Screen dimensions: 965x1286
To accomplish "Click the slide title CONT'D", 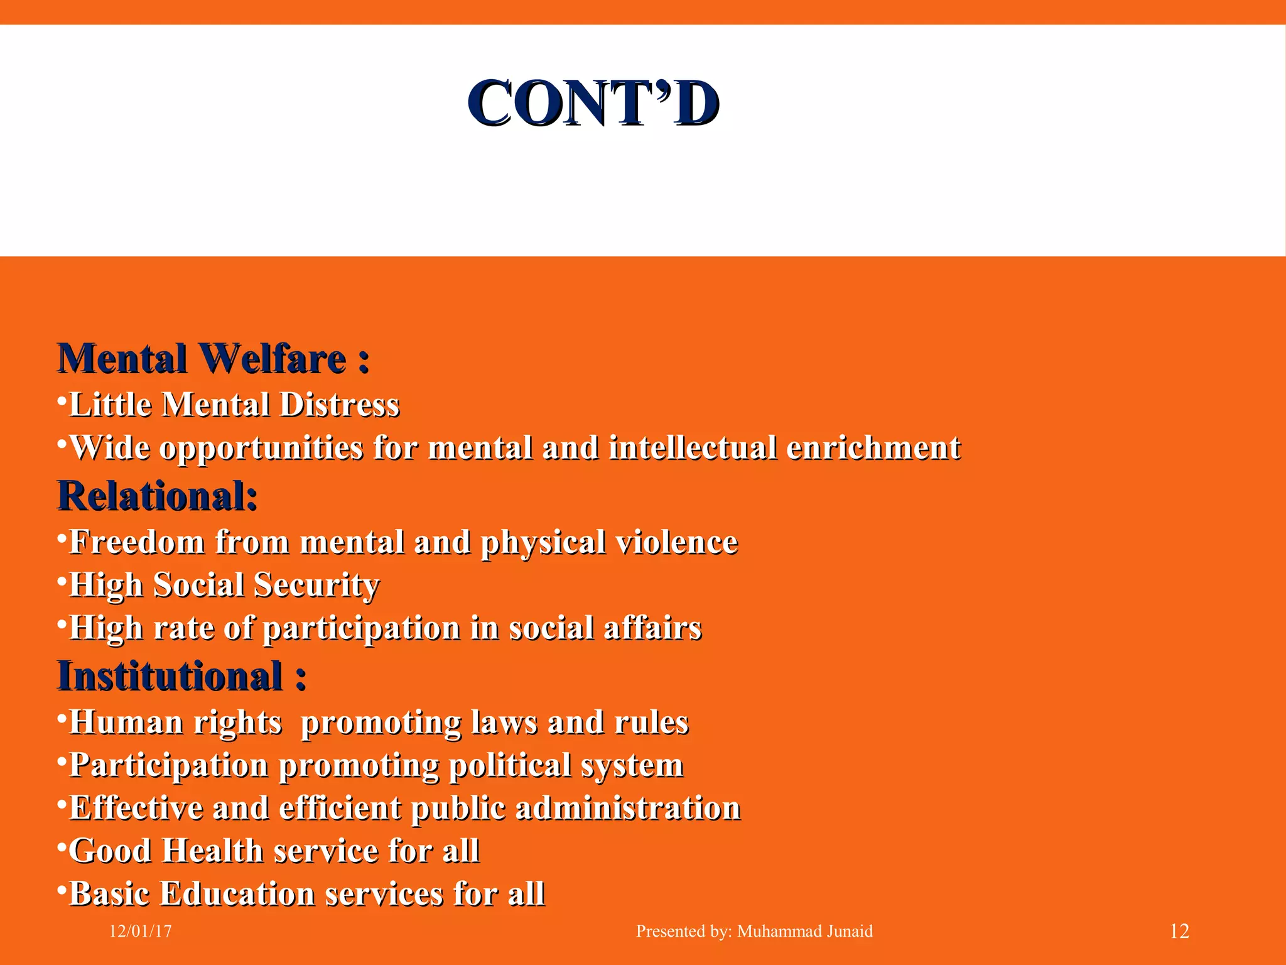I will coord(593,104).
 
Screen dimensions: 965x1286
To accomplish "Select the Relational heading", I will coord(157,496).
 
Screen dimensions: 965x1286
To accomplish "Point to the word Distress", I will coord(339,405).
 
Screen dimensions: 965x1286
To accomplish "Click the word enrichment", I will coord(873,449).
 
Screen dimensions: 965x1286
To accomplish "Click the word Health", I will coord(212,851).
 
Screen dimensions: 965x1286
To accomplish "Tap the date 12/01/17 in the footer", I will coord(140,931).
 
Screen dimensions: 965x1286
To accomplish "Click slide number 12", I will coord(1179,931).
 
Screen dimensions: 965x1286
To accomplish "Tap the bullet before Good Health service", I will coord(62,848).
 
